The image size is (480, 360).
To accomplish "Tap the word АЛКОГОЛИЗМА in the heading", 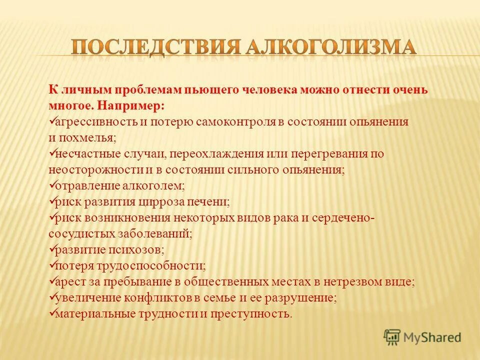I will (330, 47).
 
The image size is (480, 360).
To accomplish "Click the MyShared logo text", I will (433, 337).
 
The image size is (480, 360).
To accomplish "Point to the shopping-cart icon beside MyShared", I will (392, 337).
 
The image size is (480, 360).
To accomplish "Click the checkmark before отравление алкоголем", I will (52, 185).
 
